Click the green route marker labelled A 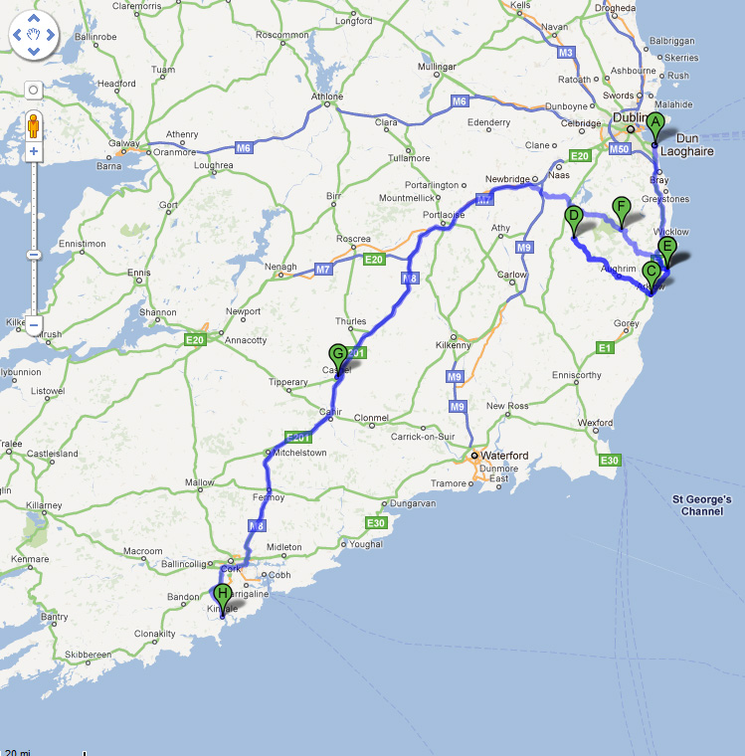[x=654, y=125]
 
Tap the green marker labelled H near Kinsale [x=223, y=596]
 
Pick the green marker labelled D [x=573, y=217]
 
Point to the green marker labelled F [x=622, y=209]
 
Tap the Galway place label [x=123, y=143]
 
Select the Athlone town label [x=327, y=96]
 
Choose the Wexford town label [x=595, y=423]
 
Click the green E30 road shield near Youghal [x=375, y=523]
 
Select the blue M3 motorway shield [x=566, y=52]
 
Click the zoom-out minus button [x=33, y=324]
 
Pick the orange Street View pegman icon [x=33, y=126]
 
